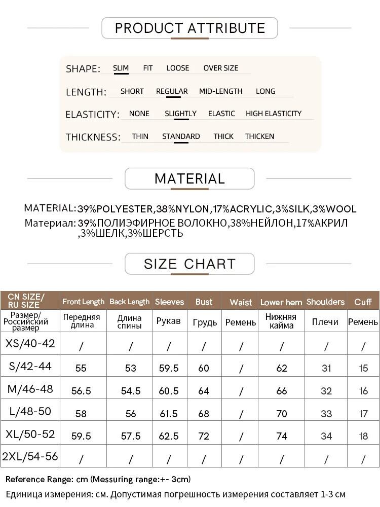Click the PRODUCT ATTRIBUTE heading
tap(189, 28)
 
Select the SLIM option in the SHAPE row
tap(121, 68)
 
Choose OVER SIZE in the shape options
tap(220, 68)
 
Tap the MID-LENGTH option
tap(220, 91)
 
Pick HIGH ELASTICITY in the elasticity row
tap(273, 114)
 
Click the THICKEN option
tap(259, 136)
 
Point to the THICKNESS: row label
tap(93, 137)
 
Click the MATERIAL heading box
tap(189, 178)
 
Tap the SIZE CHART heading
tap(189, 264)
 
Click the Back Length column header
tap(130, 302)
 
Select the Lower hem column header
tap(281, 302)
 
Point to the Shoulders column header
tap(325, 302)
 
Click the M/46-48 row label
tap(30, 389)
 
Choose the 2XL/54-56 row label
tap(30, 456)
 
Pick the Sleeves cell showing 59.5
tap(169, 368)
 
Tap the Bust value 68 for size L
tap(204, 413)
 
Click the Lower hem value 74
tap(282, 436)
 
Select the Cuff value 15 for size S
tap(363, 368)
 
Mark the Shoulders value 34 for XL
tap(326, 436)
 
